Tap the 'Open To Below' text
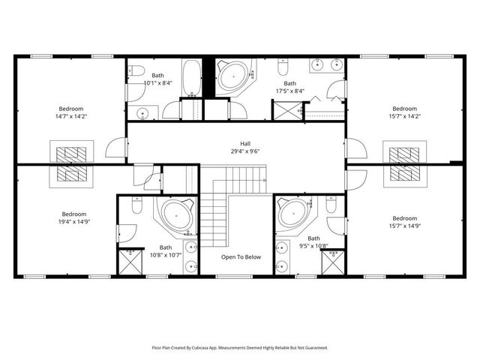pos(241,257)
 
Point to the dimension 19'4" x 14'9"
pos(74,222)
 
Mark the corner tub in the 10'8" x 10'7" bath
pos(177,214)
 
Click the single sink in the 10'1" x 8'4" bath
pos(143,113)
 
